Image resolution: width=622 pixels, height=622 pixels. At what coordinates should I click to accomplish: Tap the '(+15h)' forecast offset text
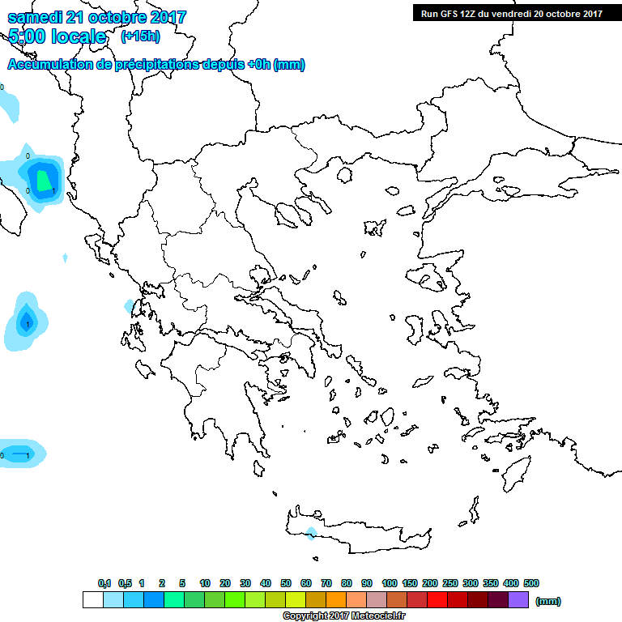point(140,36)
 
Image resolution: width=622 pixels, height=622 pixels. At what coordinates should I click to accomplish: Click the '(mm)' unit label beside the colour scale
point(547,601)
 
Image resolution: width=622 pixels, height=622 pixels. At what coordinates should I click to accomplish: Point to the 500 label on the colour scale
point(530,583)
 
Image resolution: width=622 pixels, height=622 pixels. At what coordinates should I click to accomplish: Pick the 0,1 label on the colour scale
point(104,583)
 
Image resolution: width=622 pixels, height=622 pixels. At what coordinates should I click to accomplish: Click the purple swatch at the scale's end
point(519,600)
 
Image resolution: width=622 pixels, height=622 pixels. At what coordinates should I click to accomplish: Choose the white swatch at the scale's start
point(93,600)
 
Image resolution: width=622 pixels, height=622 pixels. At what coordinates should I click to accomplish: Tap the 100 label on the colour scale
point(389,583)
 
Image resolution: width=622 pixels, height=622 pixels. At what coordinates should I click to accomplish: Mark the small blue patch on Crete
point(311,533)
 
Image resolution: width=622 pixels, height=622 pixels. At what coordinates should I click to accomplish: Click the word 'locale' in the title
point(79,36)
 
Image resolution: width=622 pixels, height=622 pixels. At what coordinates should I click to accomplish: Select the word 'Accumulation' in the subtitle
point(48,65)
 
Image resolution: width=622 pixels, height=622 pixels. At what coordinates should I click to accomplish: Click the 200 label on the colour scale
point(429,583)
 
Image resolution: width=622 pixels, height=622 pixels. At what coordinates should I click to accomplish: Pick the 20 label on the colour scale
point(225,583)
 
